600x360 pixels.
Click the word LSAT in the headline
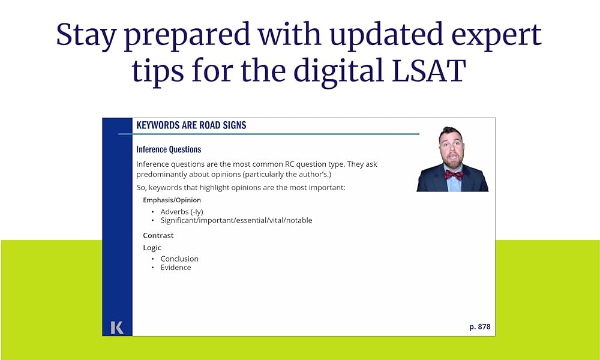pos(428,70)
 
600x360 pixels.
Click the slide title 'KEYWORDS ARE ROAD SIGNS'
pos(191,125)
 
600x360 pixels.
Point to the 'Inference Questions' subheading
pos(169,149)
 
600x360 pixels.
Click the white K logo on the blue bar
pos(117,328)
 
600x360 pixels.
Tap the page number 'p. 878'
pos(480,327)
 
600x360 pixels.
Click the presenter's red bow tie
pos(454,175)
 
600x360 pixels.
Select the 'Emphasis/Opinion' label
pos(172,200)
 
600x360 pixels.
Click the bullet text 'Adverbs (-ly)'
pos(182,212)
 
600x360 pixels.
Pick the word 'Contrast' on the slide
pos(158,236)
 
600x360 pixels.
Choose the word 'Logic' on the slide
pos(152,248)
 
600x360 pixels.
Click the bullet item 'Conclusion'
pos(179,259)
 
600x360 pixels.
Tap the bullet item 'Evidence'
pos(176,268)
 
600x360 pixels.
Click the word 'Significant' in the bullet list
pos(178,220)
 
